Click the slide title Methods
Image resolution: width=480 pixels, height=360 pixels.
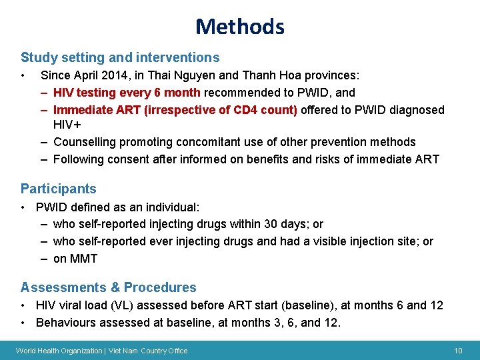(240, 27)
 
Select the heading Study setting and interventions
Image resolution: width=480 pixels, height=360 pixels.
(120, 58)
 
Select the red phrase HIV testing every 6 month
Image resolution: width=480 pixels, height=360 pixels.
(127, 93)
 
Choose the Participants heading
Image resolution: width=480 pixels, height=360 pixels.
(59, 189)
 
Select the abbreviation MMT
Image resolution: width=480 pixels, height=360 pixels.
(85, 259)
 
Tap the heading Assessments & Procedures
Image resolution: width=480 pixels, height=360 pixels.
(109, 287)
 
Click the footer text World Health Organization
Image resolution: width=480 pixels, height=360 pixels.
(58, 351)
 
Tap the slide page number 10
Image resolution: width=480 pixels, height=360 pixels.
(458, 351)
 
